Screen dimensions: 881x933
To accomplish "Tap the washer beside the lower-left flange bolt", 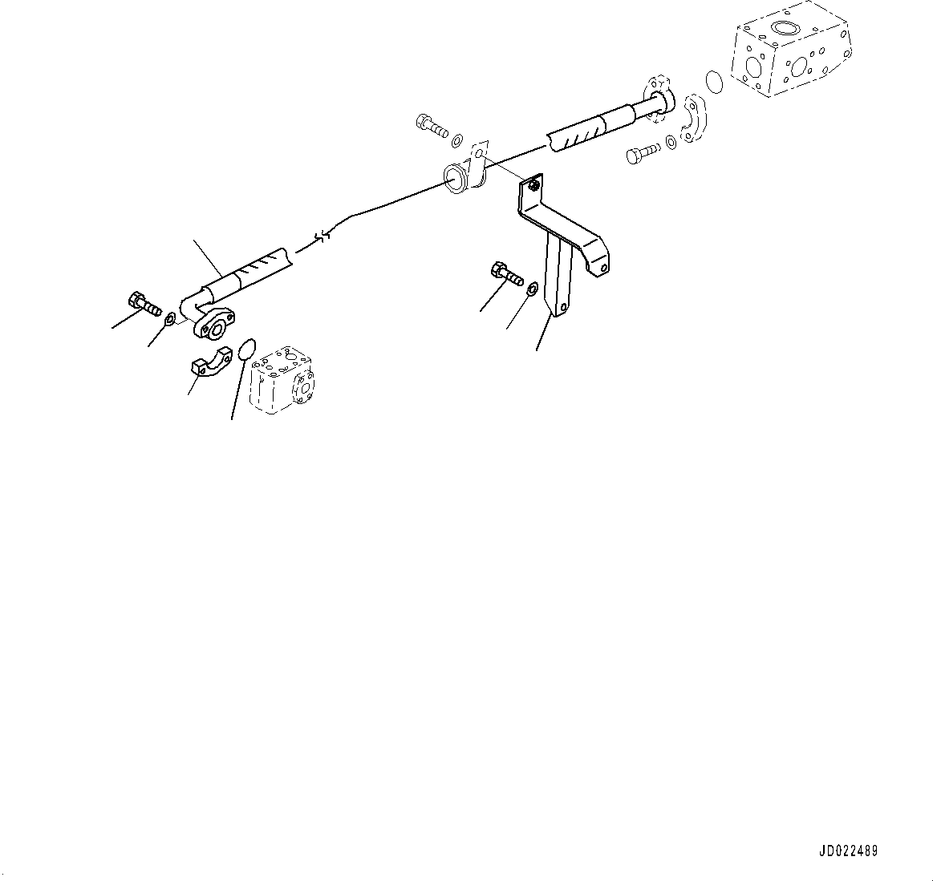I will click(x=169, y=322).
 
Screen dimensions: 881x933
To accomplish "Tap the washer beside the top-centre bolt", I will click(x=456, y=141).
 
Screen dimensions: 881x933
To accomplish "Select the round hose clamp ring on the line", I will click(x=458, y=177).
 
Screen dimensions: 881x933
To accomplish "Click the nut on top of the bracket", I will click(x=533, y=187).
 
